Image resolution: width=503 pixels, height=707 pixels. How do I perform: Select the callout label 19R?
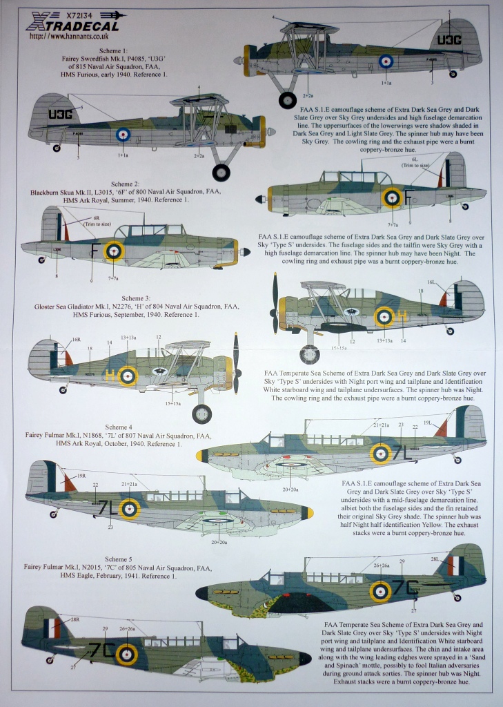coord(81,476)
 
